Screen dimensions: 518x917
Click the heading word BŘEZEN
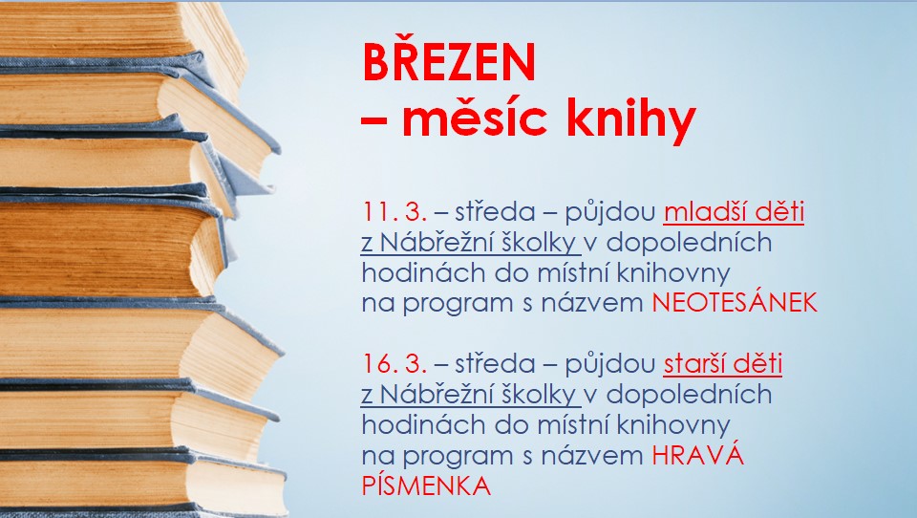click(x=448, y=64)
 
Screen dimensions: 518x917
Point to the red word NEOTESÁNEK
click(x=736, y=304)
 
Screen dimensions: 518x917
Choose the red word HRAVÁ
click(x=697, y=456)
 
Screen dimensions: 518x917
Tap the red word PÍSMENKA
click(x=426, y=486)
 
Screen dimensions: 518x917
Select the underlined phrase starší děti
click(x=723, y=364)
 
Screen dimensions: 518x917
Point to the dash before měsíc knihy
click(x=373, y=123)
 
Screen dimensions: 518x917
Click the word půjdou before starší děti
click(x=608, y=365)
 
